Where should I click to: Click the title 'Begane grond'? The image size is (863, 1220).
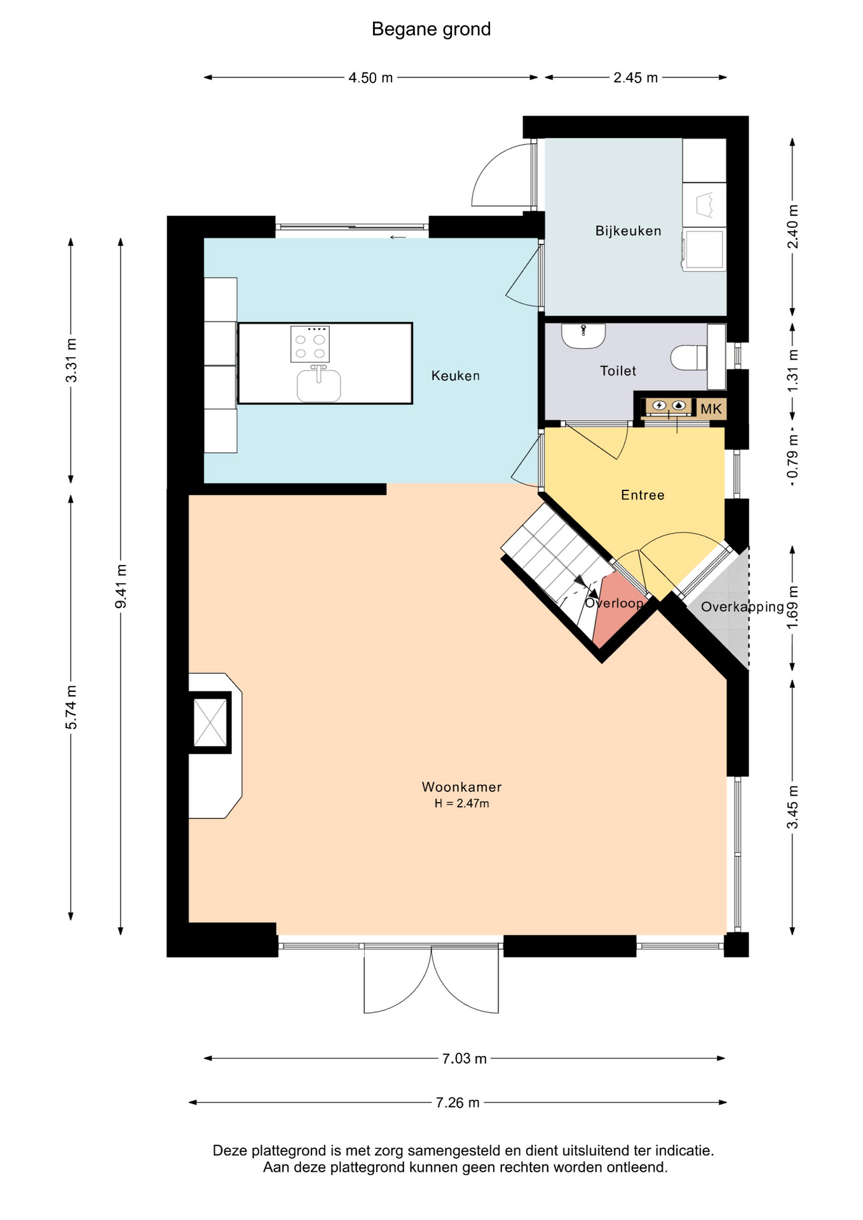coord(431,29)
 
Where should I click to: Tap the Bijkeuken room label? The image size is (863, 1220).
coord(628,231)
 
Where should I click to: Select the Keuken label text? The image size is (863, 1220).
coord(455,376)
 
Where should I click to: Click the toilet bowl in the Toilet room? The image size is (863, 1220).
coord(688,357)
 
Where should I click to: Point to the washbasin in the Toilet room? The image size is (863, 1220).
coord(583,335)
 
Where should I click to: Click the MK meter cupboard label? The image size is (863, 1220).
coord(711,409)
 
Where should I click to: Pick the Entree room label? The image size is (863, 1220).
coord(642,495)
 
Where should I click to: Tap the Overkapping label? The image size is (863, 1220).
coord(742,607)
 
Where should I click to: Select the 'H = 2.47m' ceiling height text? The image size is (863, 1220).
coord(461,803)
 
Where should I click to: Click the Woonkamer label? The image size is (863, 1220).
coord(461,787)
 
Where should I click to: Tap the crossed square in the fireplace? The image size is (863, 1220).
coord(210,722)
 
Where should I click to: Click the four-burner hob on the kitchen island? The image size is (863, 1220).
coord(309,344)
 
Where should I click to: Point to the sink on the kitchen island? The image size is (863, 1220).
coord(318,384)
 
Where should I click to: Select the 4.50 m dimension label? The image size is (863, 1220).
coord(370,78)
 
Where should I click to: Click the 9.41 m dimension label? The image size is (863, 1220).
coord(121,586)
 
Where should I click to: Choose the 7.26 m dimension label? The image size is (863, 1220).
coord(458,1102)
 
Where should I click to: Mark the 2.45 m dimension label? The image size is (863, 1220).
coord(635,78)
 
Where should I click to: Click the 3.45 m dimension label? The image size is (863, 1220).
coord(792,807)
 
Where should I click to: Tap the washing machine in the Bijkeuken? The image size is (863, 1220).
coord(704,250)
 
